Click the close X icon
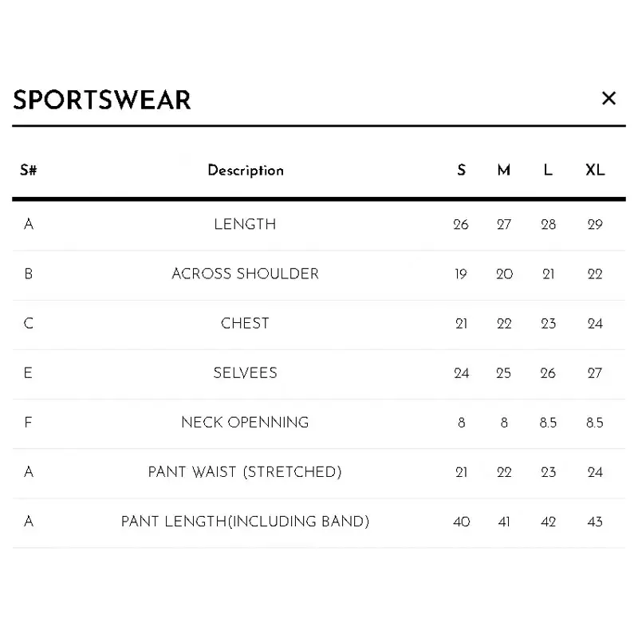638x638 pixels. (608, 98)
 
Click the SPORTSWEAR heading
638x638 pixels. (102, 100)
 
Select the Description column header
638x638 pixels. (246, 171)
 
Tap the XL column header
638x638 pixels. (595, 170)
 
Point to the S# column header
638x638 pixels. (29, 170)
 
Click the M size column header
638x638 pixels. (504, 170)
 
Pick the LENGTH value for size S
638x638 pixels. (461, 224)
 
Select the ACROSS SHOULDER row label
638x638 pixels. (245, 274)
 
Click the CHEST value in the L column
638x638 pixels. (548, 324)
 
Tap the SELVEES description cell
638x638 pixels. (245, 372)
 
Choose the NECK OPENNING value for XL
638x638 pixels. (594, 423)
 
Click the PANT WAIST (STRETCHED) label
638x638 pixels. (245, 472)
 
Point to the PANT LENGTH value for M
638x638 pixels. (504, 522)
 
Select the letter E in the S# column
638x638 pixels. (28, 372)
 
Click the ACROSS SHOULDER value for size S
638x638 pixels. (461, 274)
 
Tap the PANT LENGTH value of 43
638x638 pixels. (595, 522)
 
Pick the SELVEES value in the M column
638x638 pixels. (504, 373)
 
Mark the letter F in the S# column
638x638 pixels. (28, 423)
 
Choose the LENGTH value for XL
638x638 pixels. (595, 224)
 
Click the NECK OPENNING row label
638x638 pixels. (245, 423)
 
